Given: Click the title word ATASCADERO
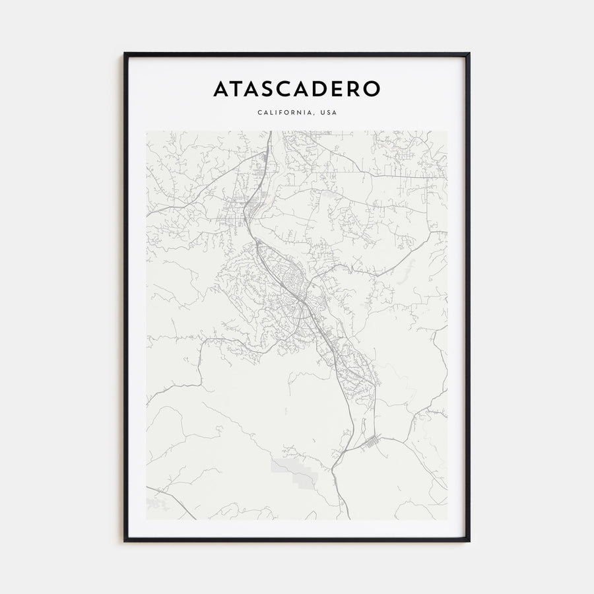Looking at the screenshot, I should tap(296, 89).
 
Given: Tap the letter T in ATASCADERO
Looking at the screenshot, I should tap(239, 89).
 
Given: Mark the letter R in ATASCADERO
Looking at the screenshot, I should tap(356, 89).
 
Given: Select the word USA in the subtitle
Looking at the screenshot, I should tap(328, 113).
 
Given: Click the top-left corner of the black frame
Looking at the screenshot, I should tap(125, 53).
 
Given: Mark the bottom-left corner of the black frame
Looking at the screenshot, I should tap(125, 541).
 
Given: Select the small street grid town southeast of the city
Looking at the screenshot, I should tap(371, 442).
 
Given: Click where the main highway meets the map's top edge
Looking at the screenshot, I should tap(271, 132).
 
